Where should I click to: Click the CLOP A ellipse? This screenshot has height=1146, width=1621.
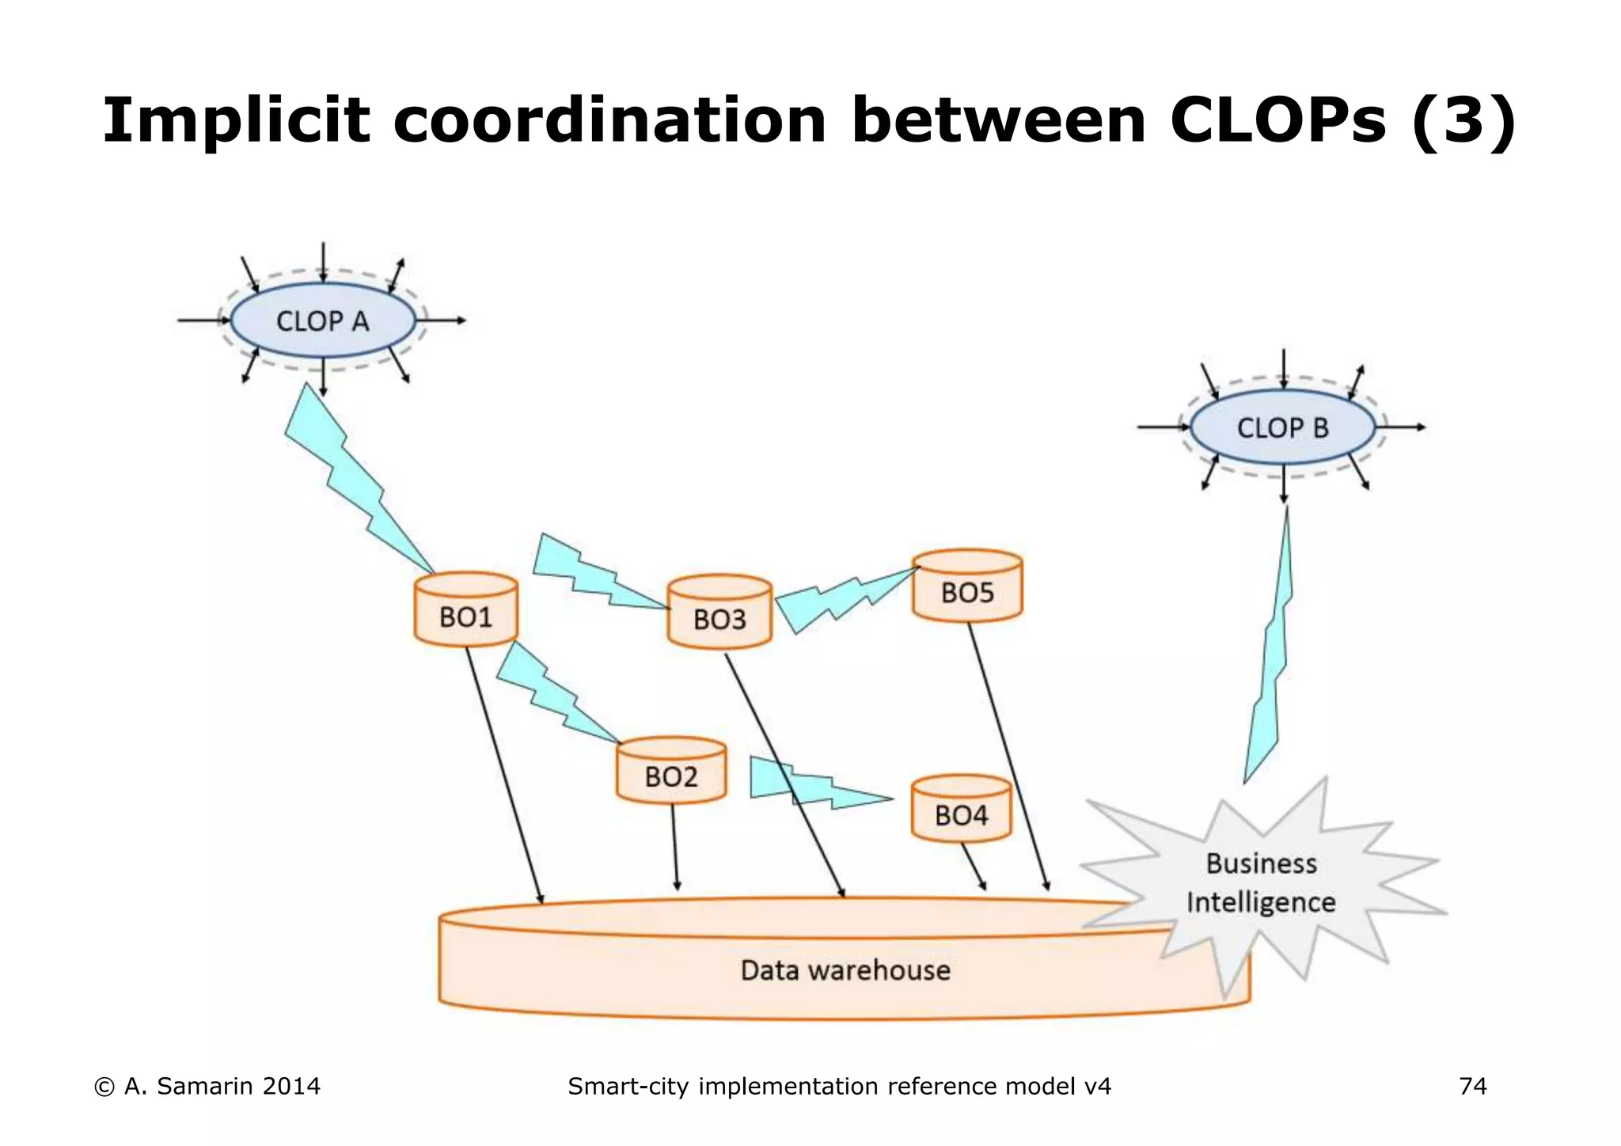point(323,321)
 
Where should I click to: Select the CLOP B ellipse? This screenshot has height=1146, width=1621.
point(1282,427)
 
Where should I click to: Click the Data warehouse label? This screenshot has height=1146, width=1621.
point(845,970)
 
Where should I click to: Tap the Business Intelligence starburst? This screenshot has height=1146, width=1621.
point(1262,883)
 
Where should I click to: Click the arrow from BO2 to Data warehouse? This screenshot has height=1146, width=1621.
point(674,847)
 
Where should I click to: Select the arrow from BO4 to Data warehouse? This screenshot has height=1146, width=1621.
point(974,867)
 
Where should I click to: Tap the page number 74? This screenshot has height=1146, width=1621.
point(1472,1086)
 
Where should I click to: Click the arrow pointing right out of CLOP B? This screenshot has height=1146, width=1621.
point(1403,427)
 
